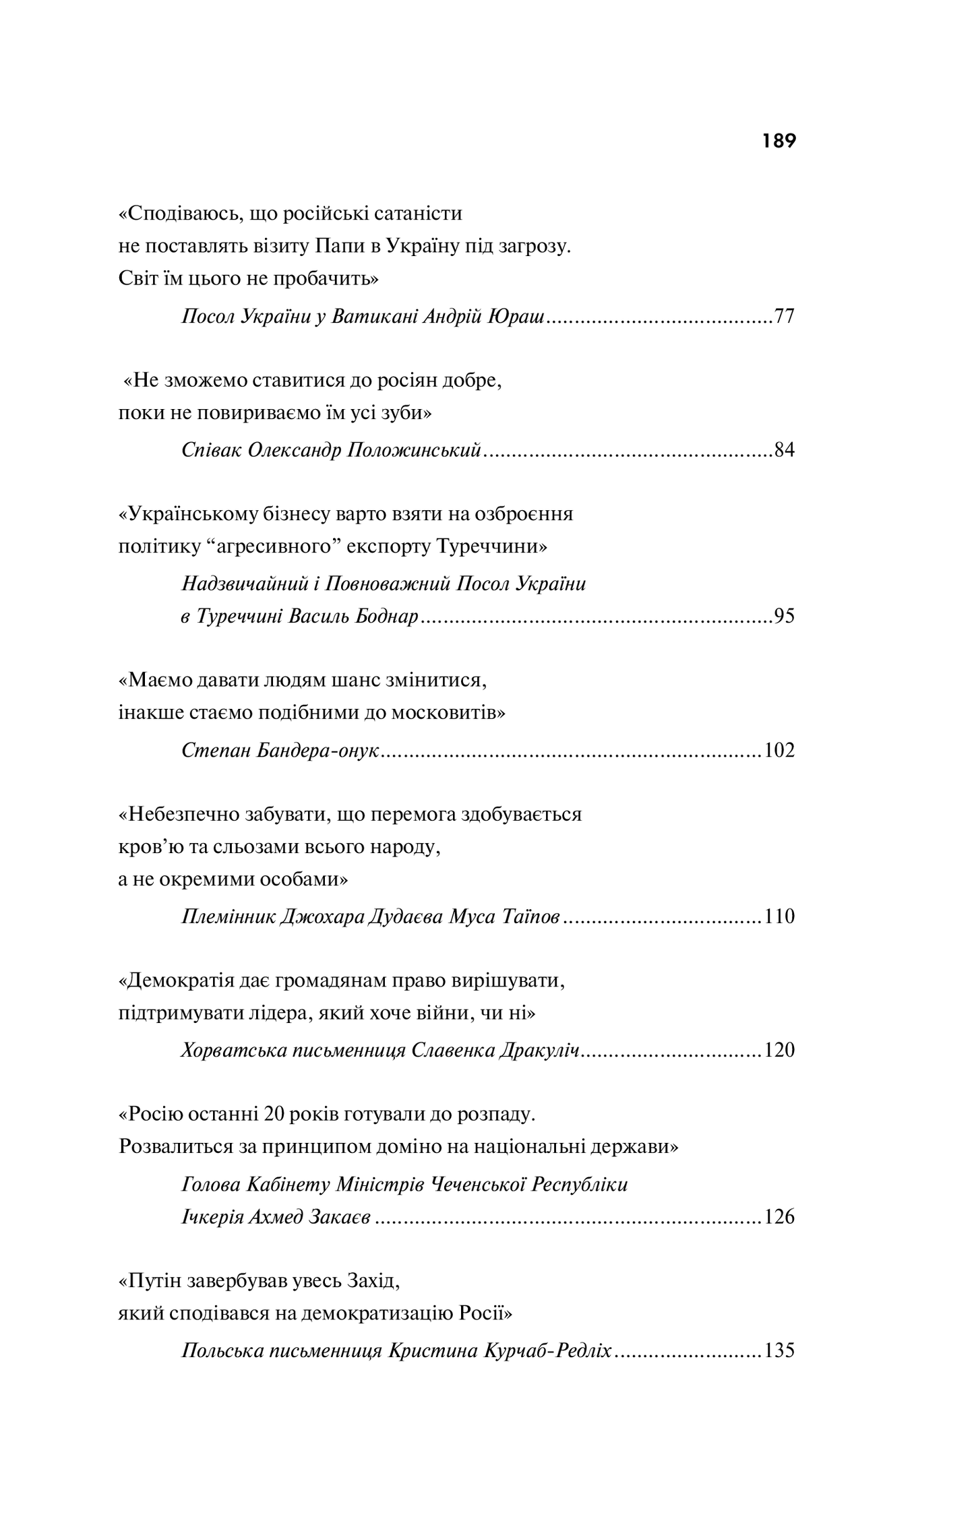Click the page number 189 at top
pos(779,141)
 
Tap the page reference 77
pos(784,316)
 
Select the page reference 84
pos(784,449)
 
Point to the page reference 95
pos(784,616)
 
